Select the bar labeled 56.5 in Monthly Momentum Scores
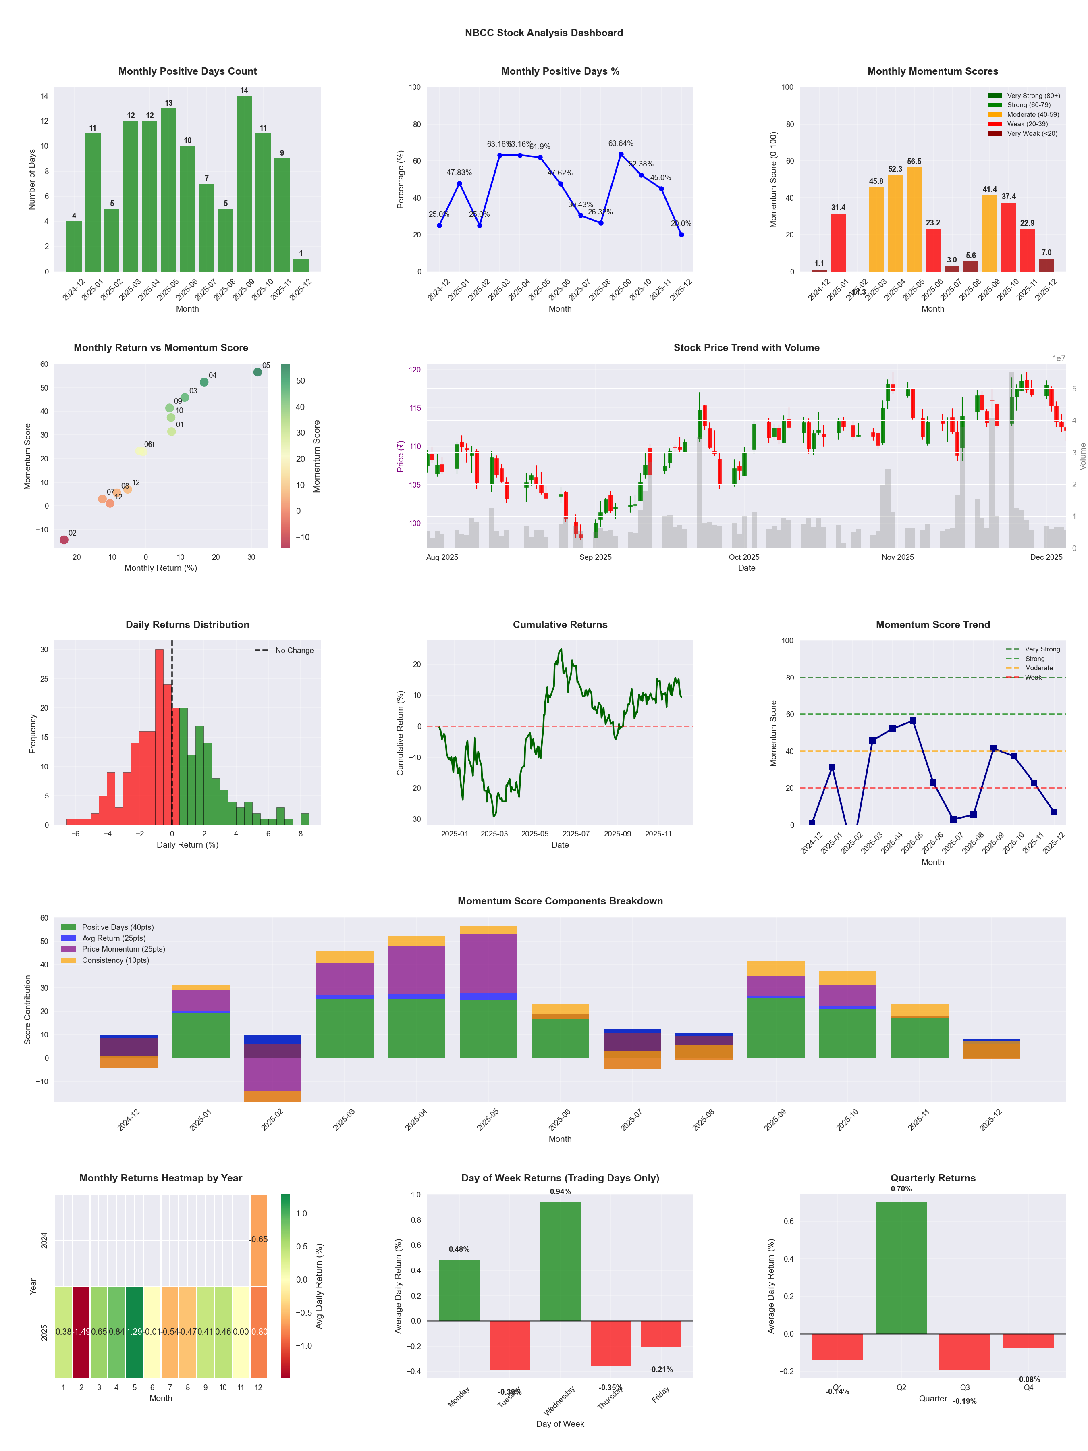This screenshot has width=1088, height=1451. click(914, 220)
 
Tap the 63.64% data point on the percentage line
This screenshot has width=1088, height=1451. click(621, 154)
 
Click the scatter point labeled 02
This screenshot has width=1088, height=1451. click(64, 540)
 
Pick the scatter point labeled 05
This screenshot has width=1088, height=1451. click(258, 372)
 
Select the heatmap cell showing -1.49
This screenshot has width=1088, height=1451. click(81, 1332)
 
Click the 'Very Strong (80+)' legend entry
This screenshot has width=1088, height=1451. click(1033, 96)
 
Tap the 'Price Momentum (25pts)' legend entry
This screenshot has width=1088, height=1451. click(123, 949)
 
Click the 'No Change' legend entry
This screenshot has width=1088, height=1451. click(294, 650)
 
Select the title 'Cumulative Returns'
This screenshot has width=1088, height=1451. click(560, 624)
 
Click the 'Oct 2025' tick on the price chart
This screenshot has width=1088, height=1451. click(744, 557)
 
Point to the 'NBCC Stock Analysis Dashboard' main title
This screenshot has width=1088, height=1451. click(544, 33)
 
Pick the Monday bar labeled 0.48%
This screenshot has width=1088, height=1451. click(459, 1290)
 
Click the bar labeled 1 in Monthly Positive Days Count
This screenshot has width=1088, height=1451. click(301, 265)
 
